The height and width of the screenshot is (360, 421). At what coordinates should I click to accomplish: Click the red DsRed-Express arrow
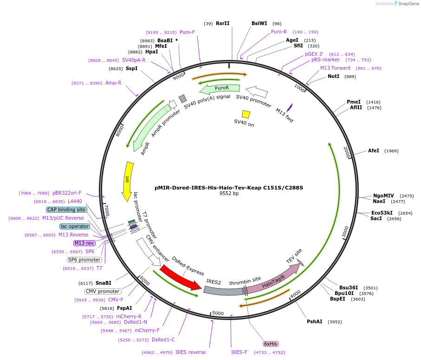179,277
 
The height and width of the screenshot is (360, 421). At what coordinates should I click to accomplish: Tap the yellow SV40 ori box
246,114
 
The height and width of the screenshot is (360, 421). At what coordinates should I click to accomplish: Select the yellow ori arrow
128,181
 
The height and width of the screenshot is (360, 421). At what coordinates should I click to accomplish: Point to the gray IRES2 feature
222,290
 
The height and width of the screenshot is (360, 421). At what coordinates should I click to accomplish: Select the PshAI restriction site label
314,321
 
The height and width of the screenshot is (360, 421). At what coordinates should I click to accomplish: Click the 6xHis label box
271,344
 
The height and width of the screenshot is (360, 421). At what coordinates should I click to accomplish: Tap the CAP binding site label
66,209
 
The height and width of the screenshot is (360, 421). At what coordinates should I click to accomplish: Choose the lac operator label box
75,226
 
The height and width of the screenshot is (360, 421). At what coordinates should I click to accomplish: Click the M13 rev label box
84,243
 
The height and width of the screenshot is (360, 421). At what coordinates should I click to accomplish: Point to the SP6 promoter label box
84,260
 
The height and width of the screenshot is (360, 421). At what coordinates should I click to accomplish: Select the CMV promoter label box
103,291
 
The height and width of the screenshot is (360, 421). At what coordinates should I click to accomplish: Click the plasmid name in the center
229,188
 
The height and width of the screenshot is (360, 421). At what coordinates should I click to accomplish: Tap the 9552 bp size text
229,194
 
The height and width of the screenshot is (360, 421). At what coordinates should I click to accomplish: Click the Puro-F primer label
187,32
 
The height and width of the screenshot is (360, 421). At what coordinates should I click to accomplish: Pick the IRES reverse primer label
190,352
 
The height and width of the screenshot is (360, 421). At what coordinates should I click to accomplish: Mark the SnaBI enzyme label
104,283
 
